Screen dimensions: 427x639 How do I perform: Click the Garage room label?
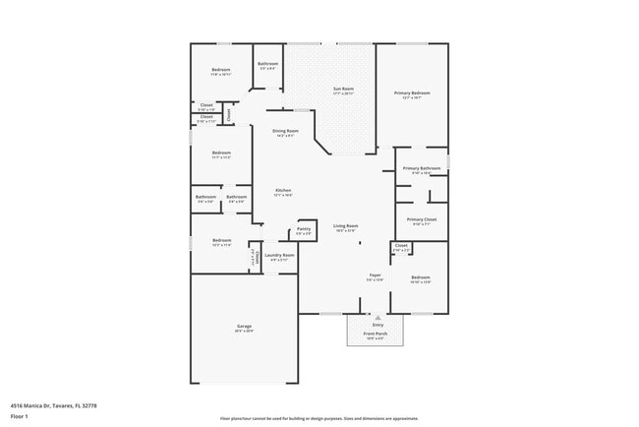(x=244, y=327)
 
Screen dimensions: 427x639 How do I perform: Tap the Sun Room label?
(x=343, y=90)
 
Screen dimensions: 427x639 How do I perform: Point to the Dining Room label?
(x=285, y=131)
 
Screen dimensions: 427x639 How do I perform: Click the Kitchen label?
(x=283, y=190)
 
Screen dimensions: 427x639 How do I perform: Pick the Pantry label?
(x=303, y=229)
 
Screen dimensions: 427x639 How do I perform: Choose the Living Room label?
(x=345, y=226)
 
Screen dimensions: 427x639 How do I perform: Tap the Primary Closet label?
(x=420, y=219)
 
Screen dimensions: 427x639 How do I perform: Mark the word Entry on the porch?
(x=377, y=324)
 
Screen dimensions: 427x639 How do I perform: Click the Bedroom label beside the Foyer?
(x=421, y=277)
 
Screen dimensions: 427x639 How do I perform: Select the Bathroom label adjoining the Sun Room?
(x=267, y=64)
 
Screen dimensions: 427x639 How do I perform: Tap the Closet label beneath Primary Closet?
(x=401, y=245)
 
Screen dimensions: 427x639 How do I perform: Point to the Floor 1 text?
(x=20, y=416)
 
